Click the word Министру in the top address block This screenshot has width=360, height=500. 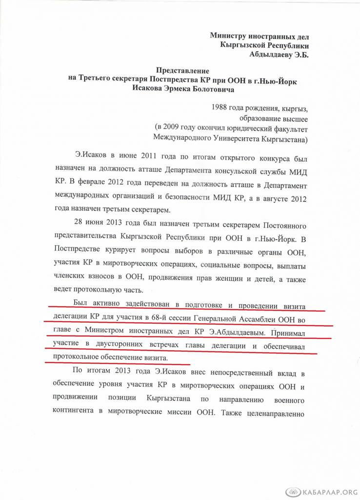coord(228,36)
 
